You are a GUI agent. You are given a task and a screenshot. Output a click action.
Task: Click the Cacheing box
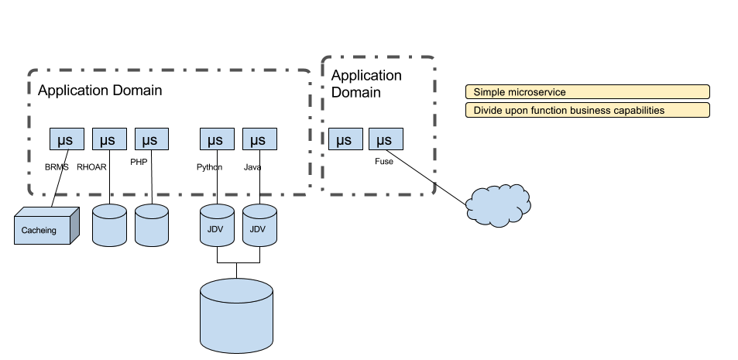pyautogui.click(x=43, y=229)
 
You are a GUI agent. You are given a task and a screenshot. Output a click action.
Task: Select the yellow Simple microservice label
pyautogui.click(x=587, y=92)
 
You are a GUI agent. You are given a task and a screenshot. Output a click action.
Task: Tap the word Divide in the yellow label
pyautogui.click(x=488, y=111)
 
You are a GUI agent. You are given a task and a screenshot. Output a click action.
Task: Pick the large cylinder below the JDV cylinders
pyautogui.click(x=236, y=316)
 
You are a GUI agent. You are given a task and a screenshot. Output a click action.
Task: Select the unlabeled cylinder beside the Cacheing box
pyautogui.click(x=109, y=226)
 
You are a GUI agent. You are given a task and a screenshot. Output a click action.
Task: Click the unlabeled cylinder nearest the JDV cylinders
pyautogui.click(x=152, y=226)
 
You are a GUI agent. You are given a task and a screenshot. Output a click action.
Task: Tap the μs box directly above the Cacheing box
pyautogui.click(x=67, y=139)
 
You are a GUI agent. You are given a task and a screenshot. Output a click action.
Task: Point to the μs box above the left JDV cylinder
pyautogui.click(x=218, y=139)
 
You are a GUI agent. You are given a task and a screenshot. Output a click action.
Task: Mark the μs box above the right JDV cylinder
pyautogui.click(x=259, y=139)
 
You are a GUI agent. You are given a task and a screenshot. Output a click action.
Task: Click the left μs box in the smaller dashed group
pyautogui.click(x=345, y=139)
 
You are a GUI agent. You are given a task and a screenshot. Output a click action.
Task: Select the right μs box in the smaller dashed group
pyautogui.click(x=386, y=139)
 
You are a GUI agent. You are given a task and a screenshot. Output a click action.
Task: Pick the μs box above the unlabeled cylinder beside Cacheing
pyautogui.click(x=109, y=139)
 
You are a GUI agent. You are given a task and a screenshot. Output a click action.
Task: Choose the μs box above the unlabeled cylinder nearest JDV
pyautogui.click(x=152, y=139)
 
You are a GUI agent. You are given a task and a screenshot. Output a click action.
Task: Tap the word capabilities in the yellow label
pyautogui.click(x=638, y=111)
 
